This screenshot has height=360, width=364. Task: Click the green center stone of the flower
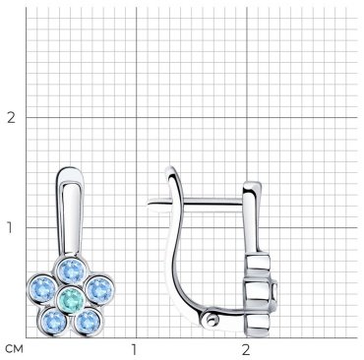pos(71,298)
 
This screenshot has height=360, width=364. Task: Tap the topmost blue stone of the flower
pos(72,270)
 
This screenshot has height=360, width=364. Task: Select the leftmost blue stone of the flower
pos(42,289)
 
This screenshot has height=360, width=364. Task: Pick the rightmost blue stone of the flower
pos(99,289)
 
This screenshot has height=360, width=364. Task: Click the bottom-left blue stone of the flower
pos(54,320)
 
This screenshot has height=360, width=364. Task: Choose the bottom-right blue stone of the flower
pos(88,321)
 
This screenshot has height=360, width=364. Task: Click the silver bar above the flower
pos(71,211)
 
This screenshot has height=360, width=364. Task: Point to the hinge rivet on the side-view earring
pos(211,320)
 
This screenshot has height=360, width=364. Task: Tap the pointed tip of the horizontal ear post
pos(148,205)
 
